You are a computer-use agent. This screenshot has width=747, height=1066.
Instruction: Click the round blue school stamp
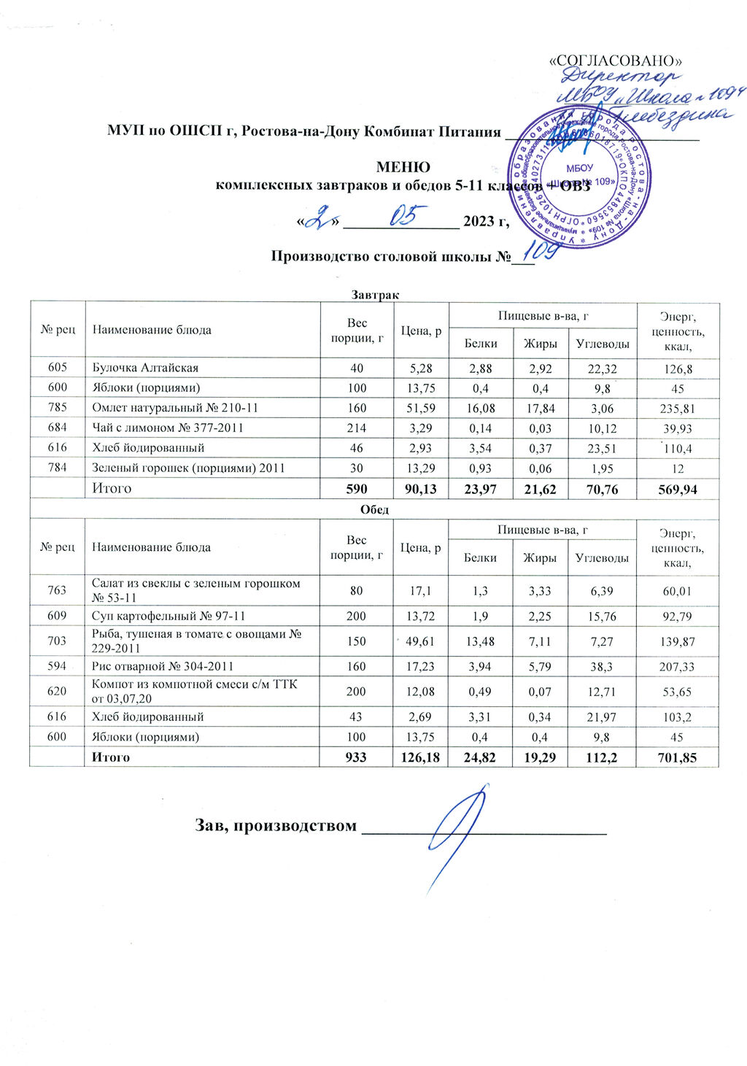tap(580, 177)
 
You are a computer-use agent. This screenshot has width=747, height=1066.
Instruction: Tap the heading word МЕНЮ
tap(402, 168)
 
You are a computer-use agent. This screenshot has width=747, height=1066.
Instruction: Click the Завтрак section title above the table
tap(374, 295)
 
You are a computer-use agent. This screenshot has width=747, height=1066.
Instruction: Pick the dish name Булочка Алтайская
tap(145, 368)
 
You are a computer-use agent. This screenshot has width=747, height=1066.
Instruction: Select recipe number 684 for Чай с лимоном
tap(58, 428)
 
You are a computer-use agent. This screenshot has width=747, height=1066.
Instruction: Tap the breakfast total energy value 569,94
tap(678, 490)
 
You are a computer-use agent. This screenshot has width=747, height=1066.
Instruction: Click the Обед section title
tap(374, 509)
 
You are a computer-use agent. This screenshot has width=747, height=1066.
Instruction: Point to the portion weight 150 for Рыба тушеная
tap(357, 641)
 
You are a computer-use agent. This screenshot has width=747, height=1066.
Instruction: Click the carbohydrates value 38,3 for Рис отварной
tap(601, 667)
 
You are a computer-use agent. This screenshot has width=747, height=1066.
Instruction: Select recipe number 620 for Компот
tap(58, 691)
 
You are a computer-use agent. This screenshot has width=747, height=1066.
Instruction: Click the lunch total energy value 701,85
tap(678, 758)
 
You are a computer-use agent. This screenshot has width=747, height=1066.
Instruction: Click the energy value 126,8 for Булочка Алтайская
tap(678, 368)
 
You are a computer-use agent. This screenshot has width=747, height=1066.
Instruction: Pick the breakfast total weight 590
tap(357, 490)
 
